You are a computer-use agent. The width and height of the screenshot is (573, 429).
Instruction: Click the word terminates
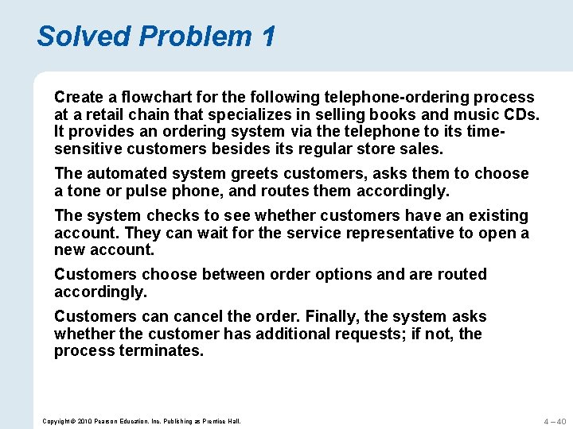pos(162,350)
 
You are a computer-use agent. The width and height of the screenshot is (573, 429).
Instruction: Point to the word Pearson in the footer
pos(97,420)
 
